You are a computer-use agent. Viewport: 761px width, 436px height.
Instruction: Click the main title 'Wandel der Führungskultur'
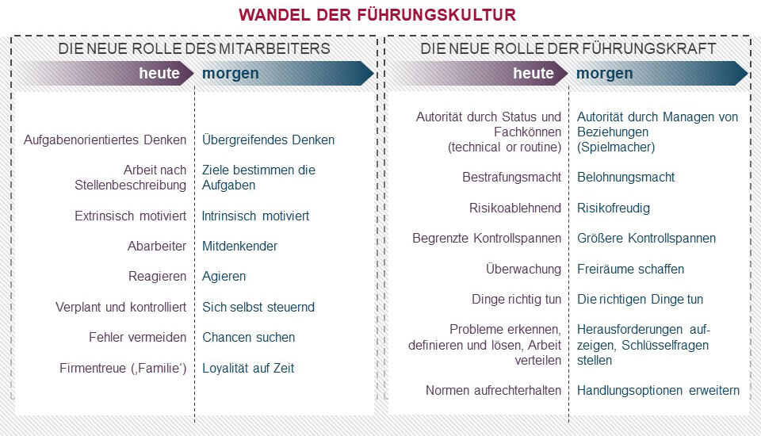pos(377,15)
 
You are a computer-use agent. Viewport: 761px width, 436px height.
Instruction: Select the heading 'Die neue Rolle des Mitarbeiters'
pos(194,48)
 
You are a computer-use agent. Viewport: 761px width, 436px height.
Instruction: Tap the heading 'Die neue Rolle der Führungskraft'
pos(568,48)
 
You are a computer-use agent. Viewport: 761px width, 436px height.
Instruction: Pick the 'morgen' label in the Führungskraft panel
pos(604,74)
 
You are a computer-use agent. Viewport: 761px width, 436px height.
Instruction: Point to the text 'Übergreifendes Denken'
pos(268,140)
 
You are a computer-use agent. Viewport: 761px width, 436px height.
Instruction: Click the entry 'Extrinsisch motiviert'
pos(131,216)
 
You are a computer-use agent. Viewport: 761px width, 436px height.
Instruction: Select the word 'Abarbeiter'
pos(156,246)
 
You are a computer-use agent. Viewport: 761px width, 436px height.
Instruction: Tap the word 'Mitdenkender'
pos(240,246)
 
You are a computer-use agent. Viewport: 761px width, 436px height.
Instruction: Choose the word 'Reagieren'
pos(157,277)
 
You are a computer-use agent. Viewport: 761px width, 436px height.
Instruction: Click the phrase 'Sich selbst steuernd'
pos(258,307)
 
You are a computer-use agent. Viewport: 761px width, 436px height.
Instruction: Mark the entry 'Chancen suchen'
pos(248,337)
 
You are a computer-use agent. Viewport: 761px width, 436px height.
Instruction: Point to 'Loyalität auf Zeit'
pos(248,368)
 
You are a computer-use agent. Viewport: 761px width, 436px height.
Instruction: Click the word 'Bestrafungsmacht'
pos(511,177)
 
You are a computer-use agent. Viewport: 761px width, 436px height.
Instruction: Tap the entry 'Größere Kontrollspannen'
pos(646,238)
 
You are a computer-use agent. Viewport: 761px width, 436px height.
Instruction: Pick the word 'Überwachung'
pos(523,269)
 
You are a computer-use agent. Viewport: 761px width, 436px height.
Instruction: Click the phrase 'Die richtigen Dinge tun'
pos(640,299)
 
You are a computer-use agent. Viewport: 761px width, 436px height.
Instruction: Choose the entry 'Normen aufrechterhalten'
pos(493,390)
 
